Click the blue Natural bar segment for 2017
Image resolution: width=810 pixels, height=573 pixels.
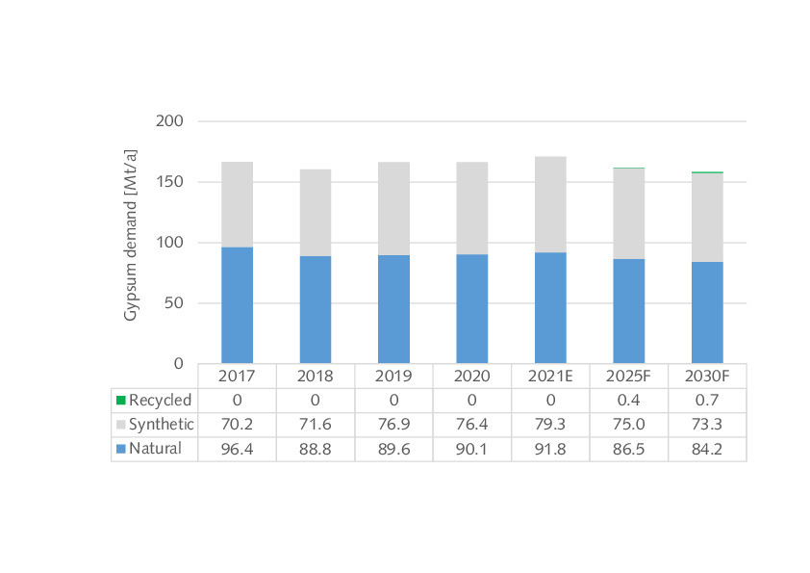pos(237,305)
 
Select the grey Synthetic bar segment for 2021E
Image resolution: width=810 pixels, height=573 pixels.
pos(550,204)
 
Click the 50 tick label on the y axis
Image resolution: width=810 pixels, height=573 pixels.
pos(174,303)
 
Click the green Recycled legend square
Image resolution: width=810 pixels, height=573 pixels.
pos(120,401)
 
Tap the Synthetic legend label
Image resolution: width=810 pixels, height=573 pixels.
pos(162,425)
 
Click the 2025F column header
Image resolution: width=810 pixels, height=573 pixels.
pos(628,377)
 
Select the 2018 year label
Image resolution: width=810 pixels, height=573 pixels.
pos(316,377)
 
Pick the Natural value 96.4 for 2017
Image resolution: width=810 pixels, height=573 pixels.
pos(237,449)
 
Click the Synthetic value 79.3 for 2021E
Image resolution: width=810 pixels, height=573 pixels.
pos(550,425)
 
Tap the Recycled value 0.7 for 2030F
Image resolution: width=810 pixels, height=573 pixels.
pos(707,401)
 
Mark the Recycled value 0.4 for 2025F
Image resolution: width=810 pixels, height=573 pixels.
pos(628,401)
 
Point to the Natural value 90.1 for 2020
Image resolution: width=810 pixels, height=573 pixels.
pos(471,449)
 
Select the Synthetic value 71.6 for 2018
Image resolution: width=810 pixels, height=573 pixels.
pos(316,425)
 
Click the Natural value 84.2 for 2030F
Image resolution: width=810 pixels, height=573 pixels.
pos(707,449)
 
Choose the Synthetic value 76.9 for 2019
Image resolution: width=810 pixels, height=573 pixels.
pos(393,425)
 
